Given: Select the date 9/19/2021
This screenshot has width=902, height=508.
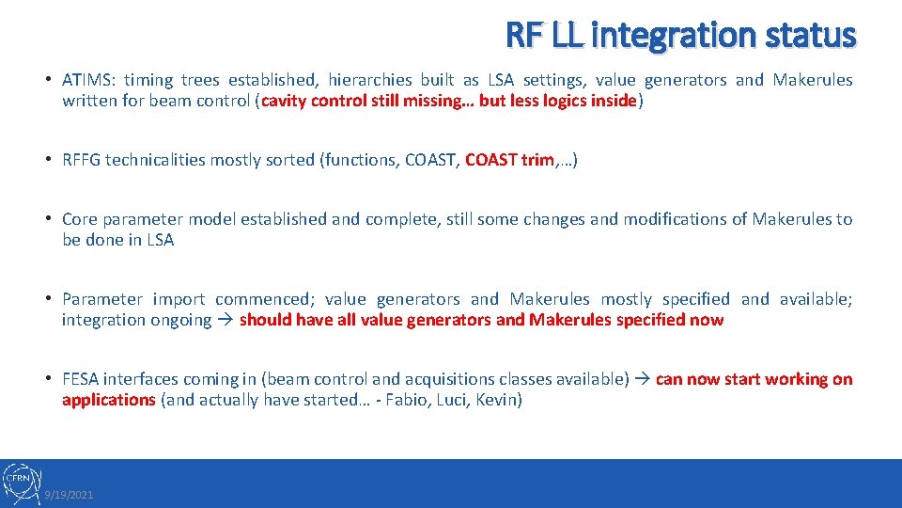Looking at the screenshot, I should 70,495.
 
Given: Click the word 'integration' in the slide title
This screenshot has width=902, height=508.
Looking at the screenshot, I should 658,35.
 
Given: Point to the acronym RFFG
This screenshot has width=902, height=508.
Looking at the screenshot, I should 81,160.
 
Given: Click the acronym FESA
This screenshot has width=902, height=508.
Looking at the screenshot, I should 81,379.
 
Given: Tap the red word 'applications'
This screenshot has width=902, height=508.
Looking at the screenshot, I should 108,400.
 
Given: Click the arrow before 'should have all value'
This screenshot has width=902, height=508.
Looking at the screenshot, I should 225,320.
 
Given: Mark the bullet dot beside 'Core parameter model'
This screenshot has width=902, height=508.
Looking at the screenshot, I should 48,219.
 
